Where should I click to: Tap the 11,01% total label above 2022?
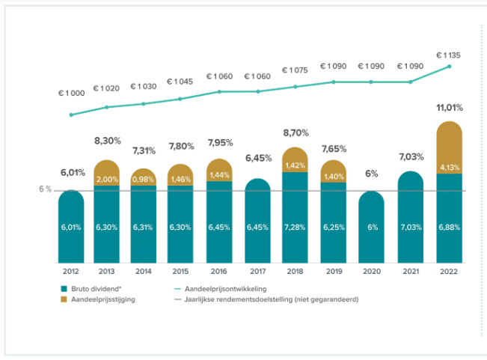(449, 108)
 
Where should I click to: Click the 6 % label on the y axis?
(46, 189)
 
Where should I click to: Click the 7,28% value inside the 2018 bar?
(296, 226)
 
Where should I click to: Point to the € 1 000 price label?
(71, 93)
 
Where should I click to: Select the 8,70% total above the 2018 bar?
(296, 132)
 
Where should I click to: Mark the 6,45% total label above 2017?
(259, 158)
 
